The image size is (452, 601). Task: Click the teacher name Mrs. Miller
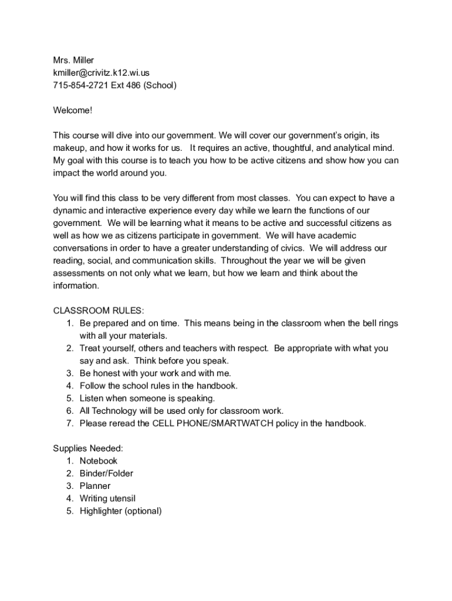73,60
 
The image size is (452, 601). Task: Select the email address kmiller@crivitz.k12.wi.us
101,73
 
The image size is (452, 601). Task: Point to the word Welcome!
73,110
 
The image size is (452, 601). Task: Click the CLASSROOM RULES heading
99,310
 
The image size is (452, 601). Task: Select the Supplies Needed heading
88,448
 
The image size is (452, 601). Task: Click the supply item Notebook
99,461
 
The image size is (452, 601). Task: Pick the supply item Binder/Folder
106,473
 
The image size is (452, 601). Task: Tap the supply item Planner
95,486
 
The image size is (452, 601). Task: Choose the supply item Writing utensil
108,498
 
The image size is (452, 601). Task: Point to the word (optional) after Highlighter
143,511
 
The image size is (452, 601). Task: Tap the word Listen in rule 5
92,398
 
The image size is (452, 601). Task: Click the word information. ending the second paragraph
76,286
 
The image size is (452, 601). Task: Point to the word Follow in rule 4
93,386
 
